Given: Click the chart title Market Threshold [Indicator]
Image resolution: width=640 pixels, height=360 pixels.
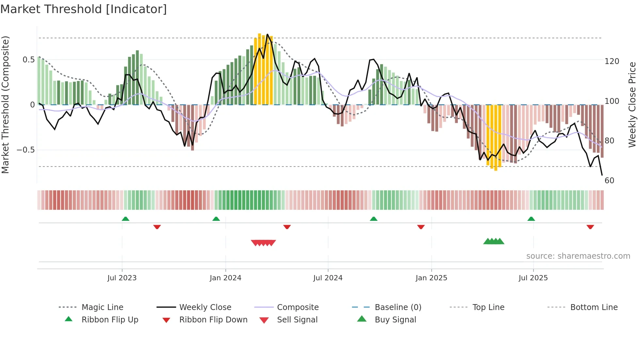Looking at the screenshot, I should coord(84,9).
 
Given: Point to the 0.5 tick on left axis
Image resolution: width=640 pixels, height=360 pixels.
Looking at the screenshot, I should coord(28,60).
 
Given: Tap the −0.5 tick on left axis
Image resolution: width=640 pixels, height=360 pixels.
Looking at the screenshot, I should coord(26,150).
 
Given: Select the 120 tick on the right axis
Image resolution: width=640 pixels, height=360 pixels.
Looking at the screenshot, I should coord(612,61).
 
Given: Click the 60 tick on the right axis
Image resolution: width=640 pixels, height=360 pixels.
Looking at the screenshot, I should coord(609,181).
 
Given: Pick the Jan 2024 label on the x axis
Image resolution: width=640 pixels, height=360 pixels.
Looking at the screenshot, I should coord(225,278).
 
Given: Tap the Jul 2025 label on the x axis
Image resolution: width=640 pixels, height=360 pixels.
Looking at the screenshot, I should coord(533,278).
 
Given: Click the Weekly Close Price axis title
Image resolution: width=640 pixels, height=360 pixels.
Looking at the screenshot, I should coord(632,105).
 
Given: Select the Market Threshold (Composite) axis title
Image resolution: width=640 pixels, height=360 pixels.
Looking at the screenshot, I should coord(5,105).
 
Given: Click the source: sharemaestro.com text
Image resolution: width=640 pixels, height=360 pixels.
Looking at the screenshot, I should coord(578,256).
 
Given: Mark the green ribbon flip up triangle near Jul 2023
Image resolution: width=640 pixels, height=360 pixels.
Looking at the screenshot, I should coord(125,219).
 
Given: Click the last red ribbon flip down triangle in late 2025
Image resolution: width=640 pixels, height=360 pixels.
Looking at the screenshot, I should coord(590,227).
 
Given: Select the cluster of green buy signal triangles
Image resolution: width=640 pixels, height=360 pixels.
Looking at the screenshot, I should coord(494,241).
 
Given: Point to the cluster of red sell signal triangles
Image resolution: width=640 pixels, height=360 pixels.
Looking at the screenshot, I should coord(263,243).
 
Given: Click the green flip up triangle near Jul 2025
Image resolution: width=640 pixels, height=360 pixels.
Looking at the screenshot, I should coord(531,219).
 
